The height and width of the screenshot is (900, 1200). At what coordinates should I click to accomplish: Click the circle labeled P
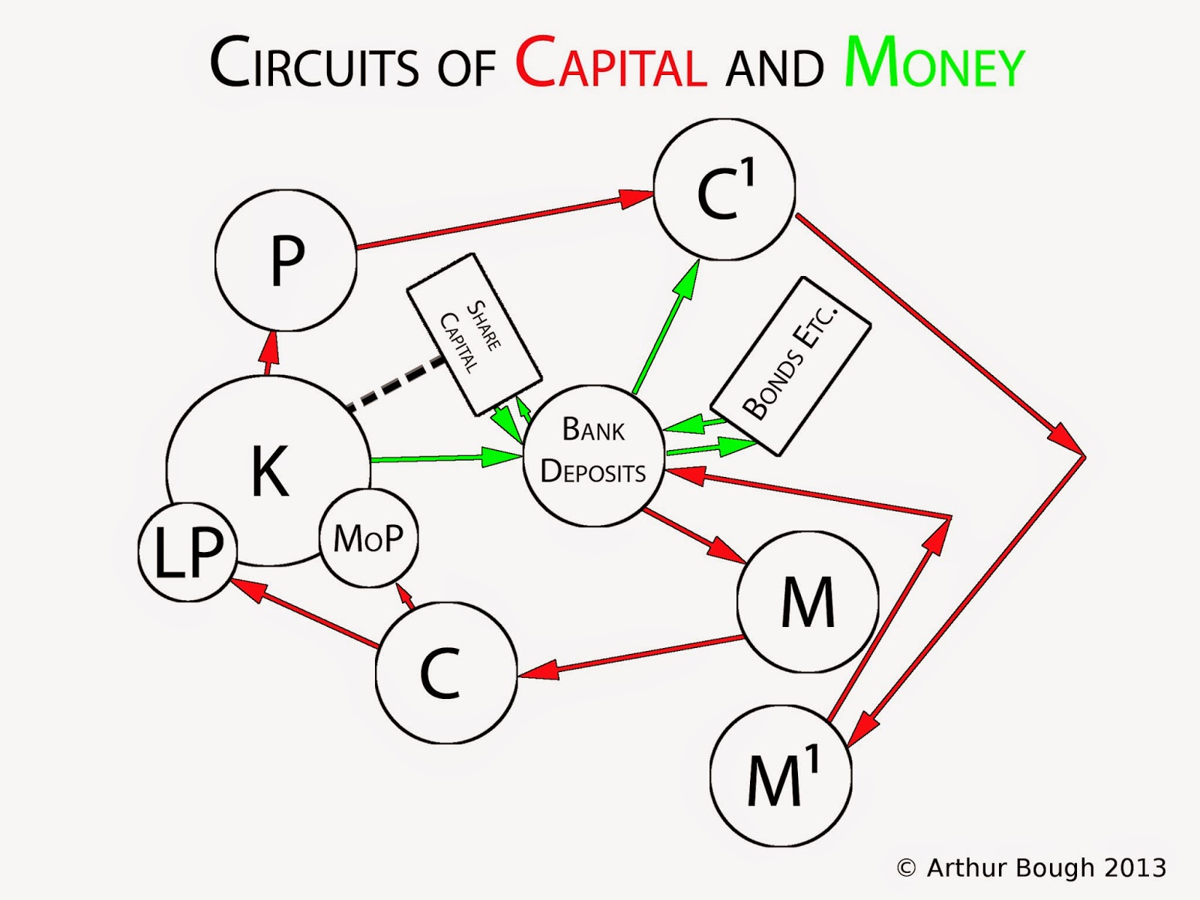[x=286, y=259]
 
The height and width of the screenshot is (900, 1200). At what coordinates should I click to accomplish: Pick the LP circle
[x=187, y=552]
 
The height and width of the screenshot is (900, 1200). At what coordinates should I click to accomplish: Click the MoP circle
[x=368, y=538]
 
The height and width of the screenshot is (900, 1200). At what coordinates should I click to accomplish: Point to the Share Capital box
[x=473, y=334]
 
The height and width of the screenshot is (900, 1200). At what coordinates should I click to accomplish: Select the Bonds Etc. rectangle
[x=790, y=366]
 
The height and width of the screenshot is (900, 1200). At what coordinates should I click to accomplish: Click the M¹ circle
[x=781, y=775]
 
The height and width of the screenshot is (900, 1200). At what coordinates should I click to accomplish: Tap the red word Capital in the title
[x=610, y=64]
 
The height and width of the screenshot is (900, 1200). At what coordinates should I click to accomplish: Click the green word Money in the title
[x=934, y=64]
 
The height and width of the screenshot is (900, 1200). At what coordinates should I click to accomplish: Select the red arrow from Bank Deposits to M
[x=694, y=535]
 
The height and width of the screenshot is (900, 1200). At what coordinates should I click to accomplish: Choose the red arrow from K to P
[x=269, y=352]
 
